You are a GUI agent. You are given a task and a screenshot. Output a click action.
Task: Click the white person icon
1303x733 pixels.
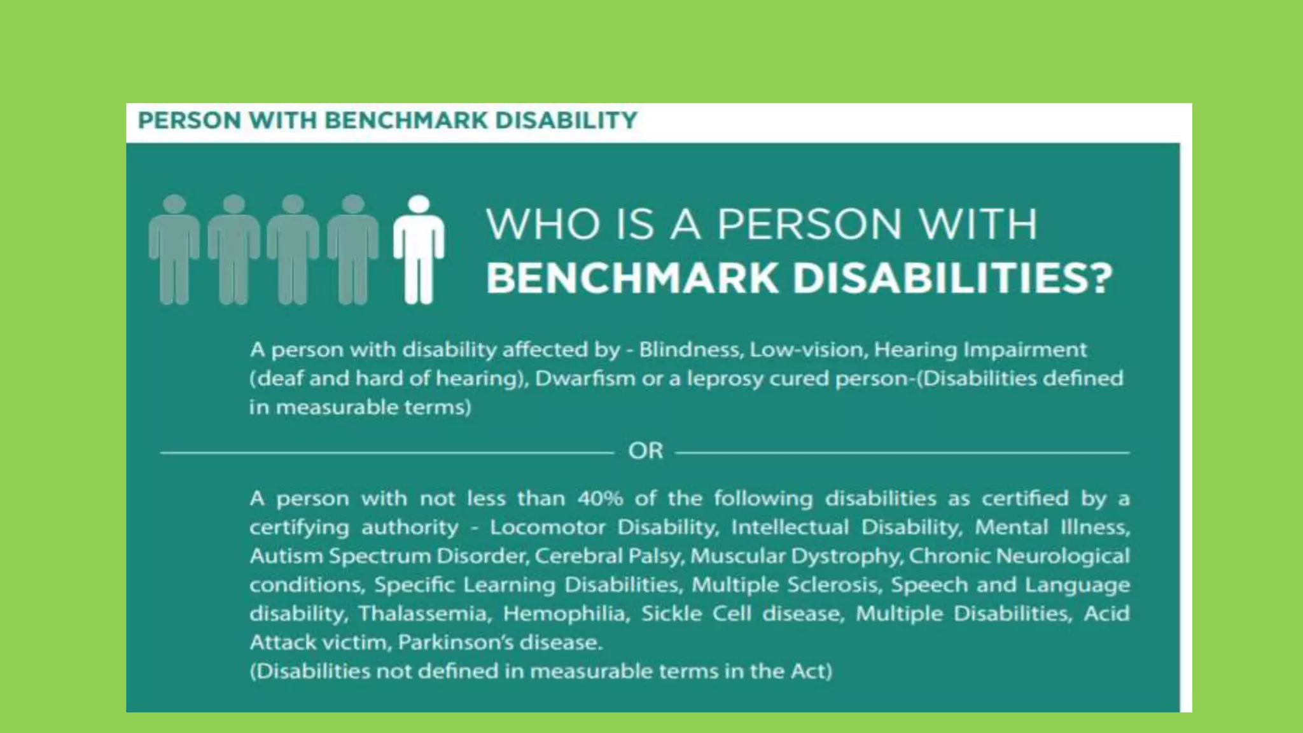(419, 249)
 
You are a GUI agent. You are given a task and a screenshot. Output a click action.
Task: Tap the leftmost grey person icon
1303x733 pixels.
(174, 249)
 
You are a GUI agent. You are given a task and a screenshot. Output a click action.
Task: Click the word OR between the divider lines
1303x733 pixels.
(645, 451)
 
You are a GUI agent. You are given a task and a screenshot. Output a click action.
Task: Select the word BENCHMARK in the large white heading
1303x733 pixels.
(632, 279)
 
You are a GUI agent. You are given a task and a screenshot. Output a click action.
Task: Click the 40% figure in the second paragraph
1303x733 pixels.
(600, 498)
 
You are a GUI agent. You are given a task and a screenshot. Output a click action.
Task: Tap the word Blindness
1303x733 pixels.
(690, 349)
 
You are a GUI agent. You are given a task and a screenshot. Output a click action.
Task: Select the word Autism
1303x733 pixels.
(286, 556)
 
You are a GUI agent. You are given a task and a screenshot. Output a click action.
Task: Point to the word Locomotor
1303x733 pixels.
(547, 527)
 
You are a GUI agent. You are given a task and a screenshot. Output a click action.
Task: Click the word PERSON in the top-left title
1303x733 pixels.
(189, 120)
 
